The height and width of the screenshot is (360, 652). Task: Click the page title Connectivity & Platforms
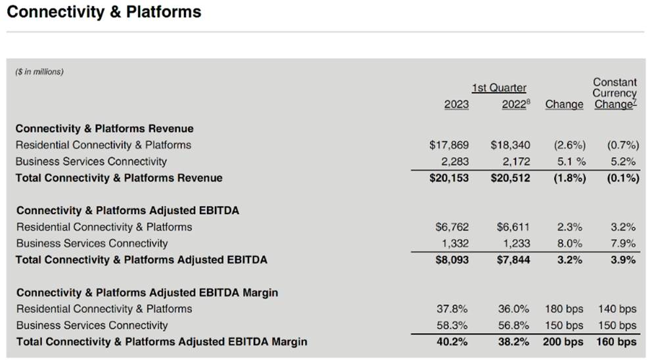click(104, 12)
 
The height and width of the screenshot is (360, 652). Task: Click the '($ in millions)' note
click(39, 72)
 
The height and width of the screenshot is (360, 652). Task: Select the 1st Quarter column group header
click(498, 88)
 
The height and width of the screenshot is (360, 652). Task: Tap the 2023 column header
click(457, 104)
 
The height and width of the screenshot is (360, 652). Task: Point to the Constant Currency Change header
click(615, 93)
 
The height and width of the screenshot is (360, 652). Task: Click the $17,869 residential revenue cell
click(449, 145)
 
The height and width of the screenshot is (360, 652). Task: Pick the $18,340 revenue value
click(510, 145)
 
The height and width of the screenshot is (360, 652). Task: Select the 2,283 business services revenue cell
click(454, 162)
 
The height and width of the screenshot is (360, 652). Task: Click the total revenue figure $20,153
click(449, 178)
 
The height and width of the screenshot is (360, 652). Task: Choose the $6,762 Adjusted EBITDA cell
click(452, 227)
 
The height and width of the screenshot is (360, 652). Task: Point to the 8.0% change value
click(569, 243)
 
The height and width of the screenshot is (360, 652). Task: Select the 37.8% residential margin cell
click(454, 309)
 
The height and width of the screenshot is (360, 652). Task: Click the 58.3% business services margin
click(454, 325)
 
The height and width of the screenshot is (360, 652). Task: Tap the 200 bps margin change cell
click(563, 342)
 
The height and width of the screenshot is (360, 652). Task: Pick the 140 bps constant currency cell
click(617, 309)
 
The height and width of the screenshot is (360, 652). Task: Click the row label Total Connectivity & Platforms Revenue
click(119, 178)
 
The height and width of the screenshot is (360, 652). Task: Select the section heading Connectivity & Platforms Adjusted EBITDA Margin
click(147, 292)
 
